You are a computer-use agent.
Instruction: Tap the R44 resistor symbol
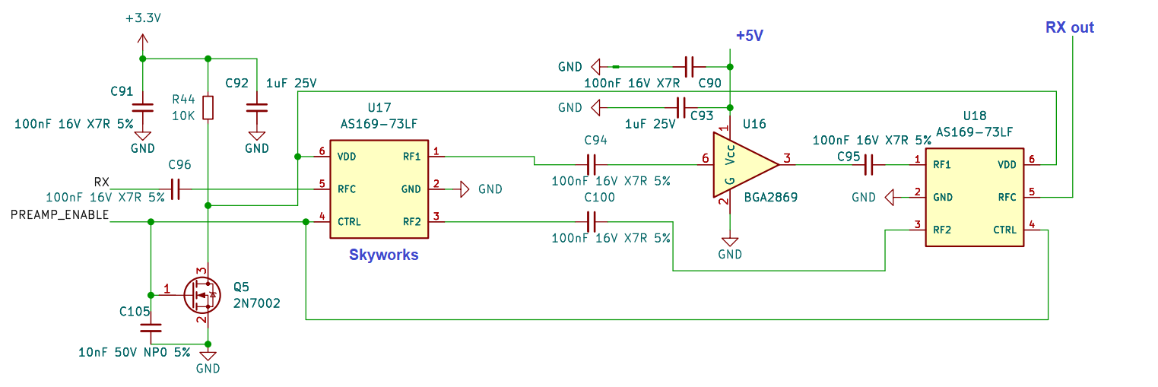[x=208, y=108]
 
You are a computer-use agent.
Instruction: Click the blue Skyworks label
[x=383, y=255]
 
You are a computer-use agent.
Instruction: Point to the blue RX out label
[x=1069, y=28]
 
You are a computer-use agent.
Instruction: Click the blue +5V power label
[x=749, y=36]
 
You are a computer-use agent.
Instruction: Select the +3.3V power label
[x=143, y=17]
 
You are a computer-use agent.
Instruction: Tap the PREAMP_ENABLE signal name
[x=59, y=215]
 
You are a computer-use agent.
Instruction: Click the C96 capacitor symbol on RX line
[x=176, y=189]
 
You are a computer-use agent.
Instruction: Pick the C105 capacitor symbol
[x=151, y=328]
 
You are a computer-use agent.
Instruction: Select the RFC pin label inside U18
[x=1007, y=197]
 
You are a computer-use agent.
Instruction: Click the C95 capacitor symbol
[x=870, y=163]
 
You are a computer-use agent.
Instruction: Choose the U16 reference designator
[x=754, y=124]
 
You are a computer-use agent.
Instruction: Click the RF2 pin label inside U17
[x=411, y=221]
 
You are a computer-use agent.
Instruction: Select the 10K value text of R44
[x=183, y=116]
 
